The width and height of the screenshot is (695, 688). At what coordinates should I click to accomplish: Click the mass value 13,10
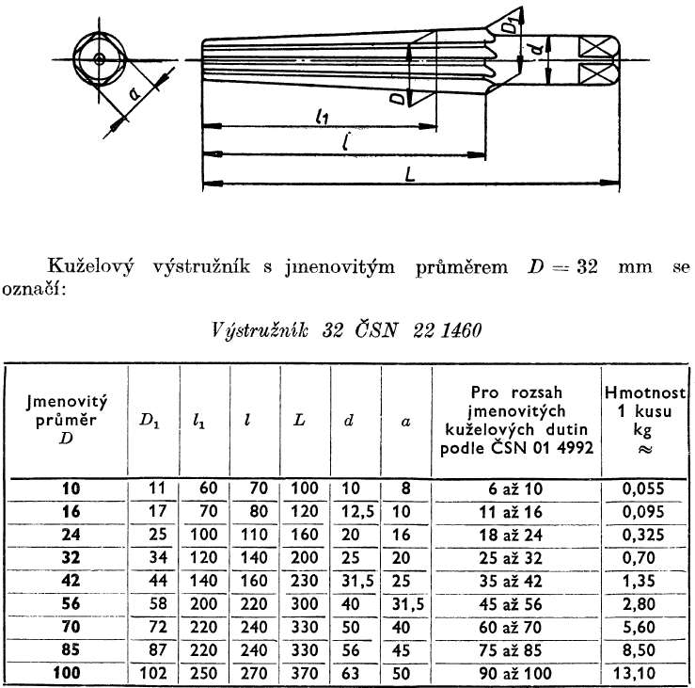tap(644, 674)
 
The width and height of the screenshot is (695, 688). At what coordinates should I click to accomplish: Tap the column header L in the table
tap(299, 420)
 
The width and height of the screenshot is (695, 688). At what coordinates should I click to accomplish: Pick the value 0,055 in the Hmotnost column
tap(644, 488)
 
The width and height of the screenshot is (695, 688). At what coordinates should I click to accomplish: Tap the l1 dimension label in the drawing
tap(323, 117)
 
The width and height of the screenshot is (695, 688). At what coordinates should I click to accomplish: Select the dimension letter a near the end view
tap(135, 92)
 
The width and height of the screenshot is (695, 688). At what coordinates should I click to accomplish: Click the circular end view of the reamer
tap(98, 59)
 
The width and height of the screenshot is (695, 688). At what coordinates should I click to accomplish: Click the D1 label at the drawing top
tap(510, 24)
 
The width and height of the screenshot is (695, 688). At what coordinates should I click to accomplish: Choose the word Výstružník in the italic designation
tap(253, 330)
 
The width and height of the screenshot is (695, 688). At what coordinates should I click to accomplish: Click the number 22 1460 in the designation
tap(447, 330)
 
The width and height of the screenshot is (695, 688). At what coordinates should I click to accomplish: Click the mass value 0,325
tap(644, 535)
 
